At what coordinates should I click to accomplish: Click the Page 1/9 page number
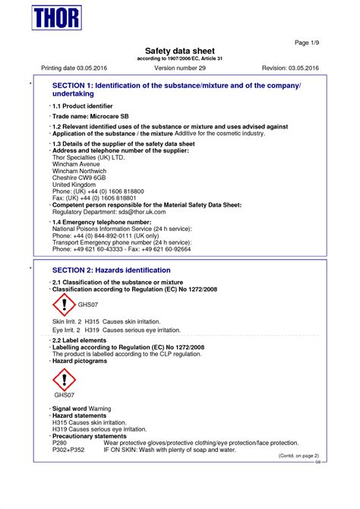click(305, 42)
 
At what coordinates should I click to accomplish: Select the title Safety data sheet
click(179, 51)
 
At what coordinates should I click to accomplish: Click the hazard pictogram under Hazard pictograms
click(64, 379)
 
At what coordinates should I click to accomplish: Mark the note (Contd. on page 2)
click(298, 456)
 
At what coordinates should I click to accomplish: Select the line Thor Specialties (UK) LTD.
click(88, 156)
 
